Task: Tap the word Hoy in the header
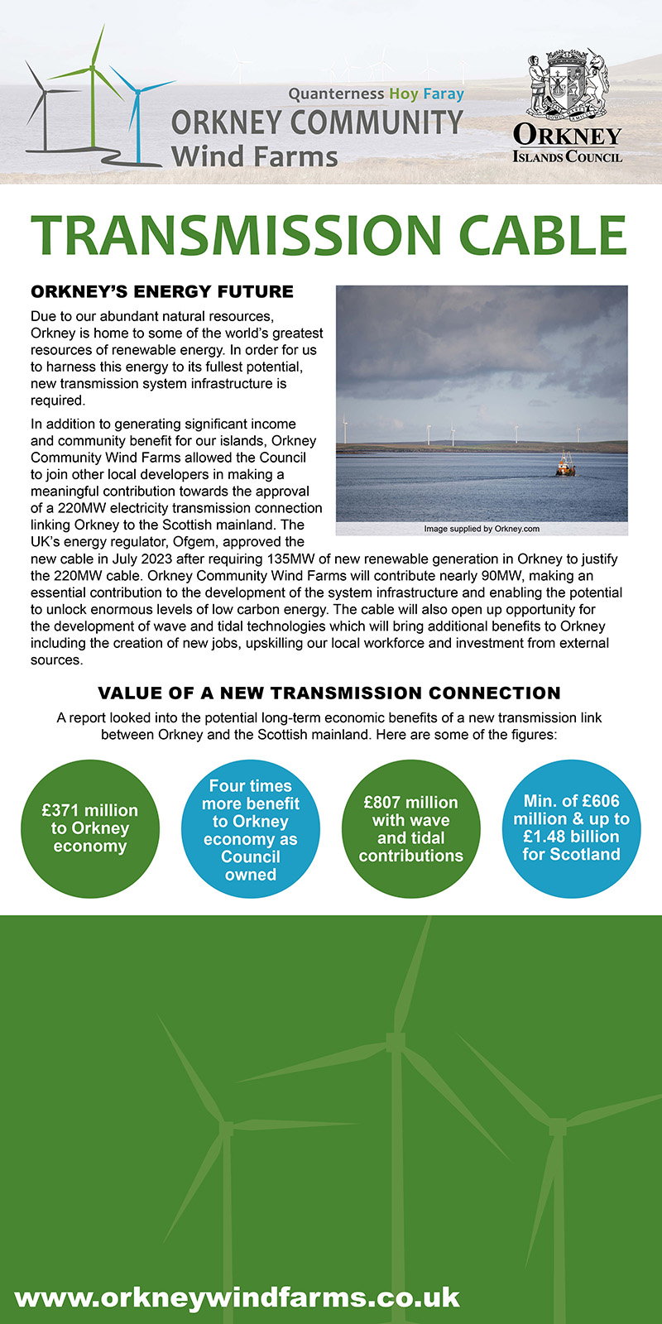404,94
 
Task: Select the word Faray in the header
444,94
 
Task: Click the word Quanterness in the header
336,94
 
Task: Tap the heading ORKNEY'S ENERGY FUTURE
162,291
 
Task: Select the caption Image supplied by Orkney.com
482,529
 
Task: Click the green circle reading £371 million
90,828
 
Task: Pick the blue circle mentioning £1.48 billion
571,827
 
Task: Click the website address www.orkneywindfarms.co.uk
237,1296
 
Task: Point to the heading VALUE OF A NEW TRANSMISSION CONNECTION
329,693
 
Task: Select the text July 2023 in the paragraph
133,559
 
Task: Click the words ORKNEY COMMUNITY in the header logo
317,122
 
